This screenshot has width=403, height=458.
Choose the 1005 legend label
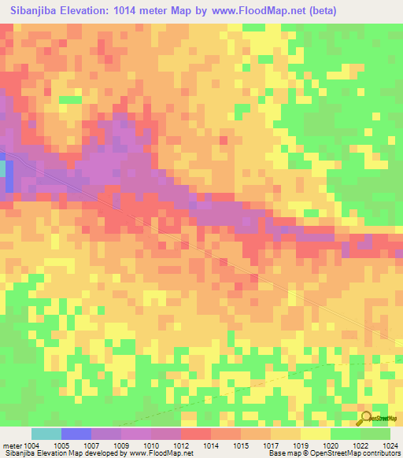[72, 445]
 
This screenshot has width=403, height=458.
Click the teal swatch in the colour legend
[46, 434]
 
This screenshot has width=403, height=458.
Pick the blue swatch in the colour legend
[76, 434]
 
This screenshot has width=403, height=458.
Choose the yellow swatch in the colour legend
[314, 434]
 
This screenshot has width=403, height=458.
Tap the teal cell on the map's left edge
[2, 168]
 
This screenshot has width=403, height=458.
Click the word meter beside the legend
[13, 445]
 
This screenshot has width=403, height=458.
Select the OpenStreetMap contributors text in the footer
[355, 453]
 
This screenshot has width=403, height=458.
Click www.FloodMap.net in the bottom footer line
[153, 453]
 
